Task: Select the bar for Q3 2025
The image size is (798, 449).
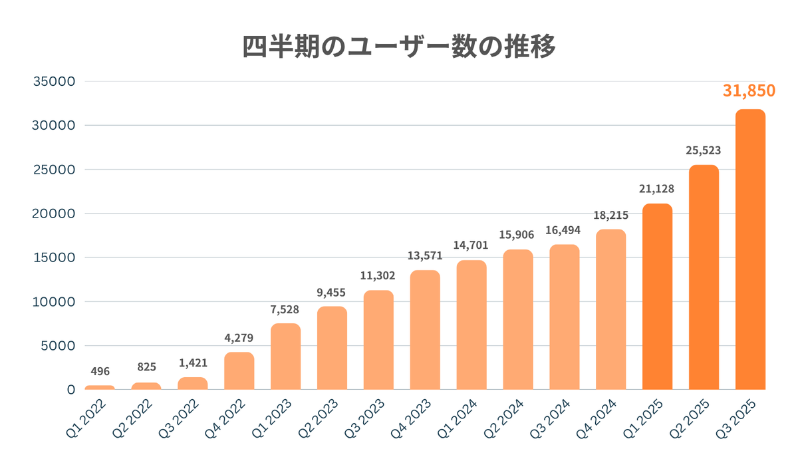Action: (750, 249)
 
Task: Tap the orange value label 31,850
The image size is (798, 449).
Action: (749, 90)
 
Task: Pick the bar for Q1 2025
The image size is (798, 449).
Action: (657, 297)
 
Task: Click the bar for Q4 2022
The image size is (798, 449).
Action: (239, 371)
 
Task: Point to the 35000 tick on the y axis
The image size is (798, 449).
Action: (54, 82)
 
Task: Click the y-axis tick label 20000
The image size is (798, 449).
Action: (54, 214)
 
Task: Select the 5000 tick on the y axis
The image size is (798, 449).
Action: (58, 345)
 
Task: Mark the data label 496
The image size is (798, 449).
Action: (100, 371)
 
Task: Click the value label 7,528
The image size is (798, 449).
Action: (286, 309)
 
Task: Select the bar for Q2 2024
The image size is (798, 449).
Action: (518, 319)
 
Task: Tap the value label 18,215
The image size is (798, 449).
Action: (611, 216)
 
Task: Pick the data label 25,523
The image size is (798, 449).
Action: (704, 151)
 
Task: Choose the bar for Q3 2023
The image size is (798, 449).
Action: (378, 340)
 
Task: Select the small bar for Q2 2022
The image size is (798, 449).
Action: (146, 386)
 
